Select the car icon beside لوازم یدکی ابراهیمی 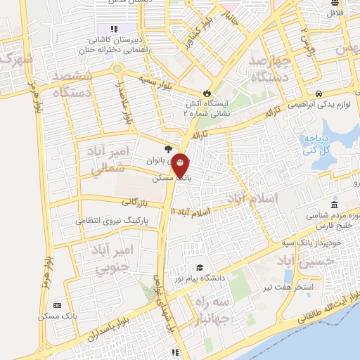coord(319,94)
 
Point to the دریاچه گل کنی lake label coord(319,146)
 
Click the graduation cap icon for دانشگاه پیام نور coord(200,268)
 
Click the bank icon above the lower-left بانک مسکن coord(57,305)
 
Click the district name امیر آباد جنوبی coord(111,258)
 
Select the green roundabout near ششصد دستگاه coord(117,69)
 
